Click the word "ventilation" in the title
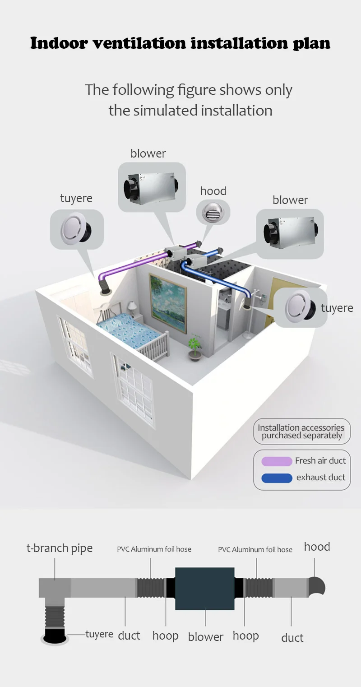(139, 43)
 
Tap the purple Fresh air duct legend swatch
(277, 461)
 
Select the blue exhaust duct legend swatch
(277, 478)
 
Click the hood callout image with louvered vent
(213, 212)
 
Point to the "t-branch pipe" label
(60, 548)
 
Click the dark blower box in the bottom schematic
(204, 589)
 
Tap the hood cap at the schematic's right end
(316, 586)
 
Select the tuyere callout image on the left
(77, 229)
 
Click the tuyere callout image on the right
(300, 307)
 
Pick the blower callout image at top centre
(152, 187)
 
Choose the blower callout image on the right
(290, 234)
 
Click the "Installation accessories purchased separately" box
(302, 431)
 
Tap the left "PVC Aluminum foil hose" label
(154, 549)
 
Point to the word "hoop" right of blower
(245, 636)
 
